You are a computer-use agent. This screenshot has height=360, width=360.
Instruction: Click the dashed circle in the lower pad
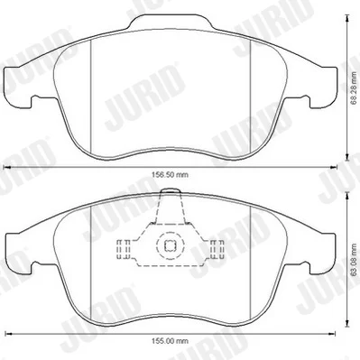170,246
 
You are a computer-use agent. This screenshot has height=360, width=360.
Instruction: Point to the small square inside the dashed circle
170,246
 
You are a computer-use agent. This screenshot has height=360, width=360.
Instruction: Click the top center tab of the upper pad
171,22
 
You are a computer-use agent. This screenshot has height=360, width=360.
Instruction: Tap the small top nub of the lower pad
171,190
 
